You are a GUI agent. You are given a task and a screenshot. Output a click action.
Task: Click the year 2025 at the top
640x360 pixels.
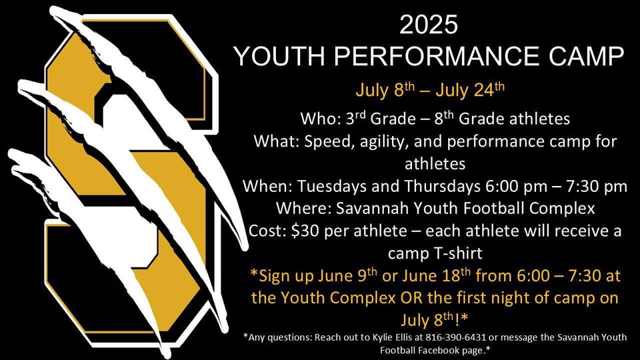(429, 25)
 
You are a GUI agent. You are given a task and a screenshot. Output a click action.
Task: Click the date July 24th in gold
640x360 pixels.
(470, 90)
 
